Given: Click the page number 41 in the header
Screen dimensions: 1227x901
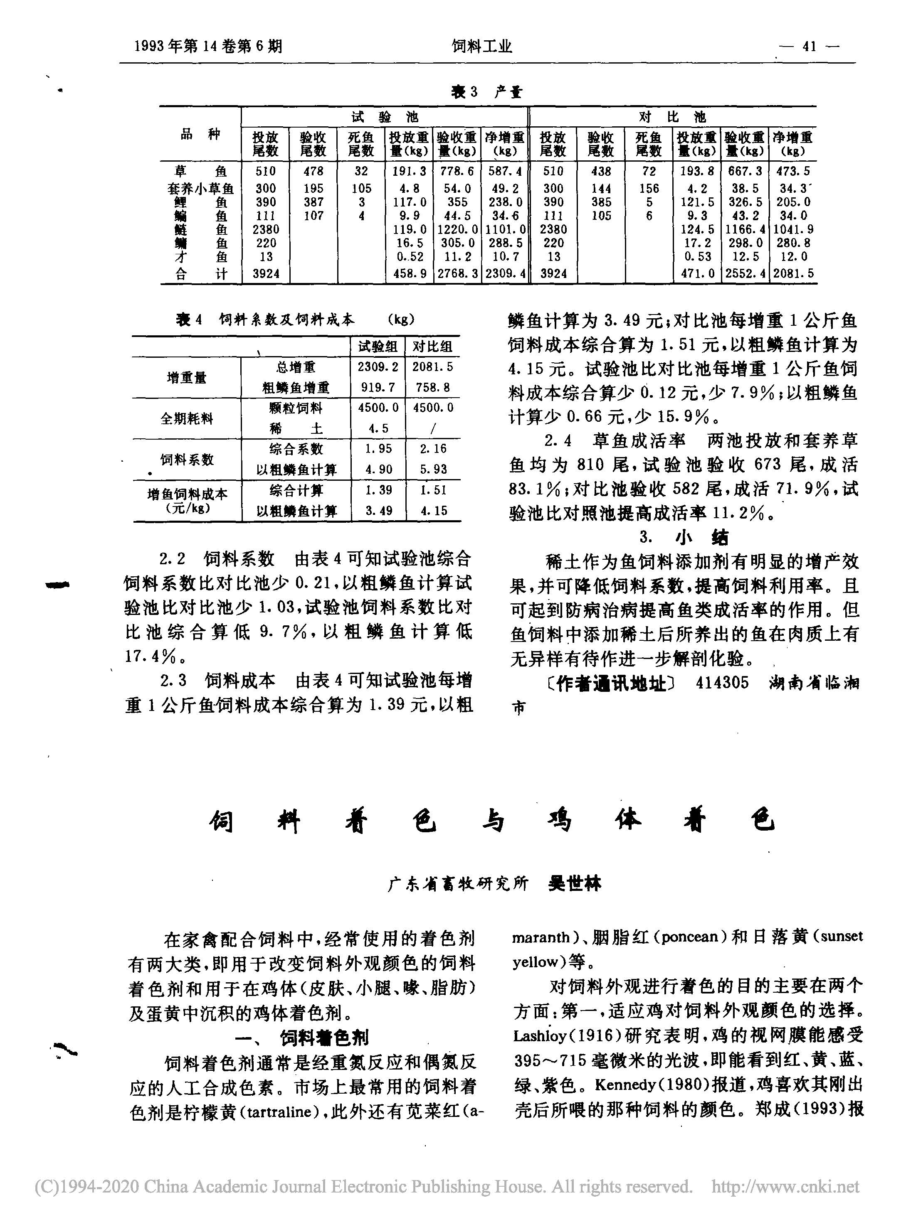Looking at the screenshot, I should (x=810, y=47).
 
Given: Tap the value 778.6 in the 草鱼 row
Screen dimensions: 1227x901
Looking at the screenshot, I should (x=457, y=171).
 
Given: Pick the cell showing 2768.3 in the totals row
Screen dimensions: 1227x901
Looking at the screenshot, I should (x=457, y=274).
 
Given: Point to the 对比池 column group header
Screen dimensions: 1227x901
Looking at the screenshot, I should (x=672, y=117).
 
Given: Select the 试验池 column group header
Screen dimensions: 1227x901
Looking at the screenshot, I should (x=385, y=117).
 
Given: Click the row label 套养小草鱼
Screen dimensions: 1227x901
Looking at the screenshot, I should (x=200, y=189).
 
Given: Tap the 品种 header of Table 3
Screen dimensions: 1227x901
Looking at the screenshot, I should (x=200, y=135).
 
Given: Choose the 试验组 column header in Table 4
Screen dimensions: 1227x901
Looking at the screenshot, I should (x=378, y=346).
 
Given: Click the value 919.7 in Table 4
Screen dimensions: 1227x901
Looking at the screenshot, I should (x=378, y=388).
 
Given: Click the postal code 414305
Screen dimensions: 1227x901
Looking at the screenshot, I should (x=722, y=683).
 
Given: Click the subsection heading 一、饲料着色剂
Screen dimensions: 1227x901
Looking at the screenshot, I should (x=308, y=1037).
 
